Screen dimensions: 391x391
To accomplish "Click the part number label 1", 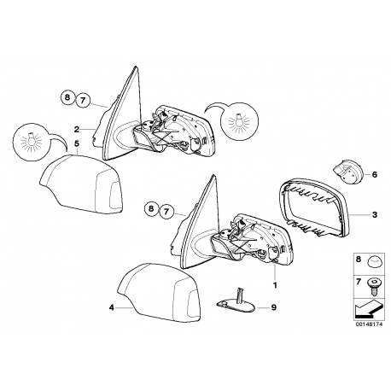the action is pyautogui.click(x=275, y=285).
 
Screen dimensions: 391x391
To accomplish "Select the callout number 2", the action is pyautogui.click(x=76, y=130).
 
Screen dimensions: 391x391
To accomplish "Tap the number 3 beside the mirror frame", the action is pyautogui.click(x=375, y=214).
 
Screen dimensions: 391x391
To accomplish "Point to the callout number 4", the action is pyautogui.click(x=112, y=307).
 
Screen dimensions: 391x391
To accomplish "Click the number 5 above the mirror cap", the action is pyautogui.click(x=76, y=143).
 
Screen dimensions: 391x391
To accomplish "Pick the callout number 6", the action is pyautogui.click(x=375, y=174).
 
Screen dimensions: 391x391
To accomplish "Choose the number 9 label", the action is pyautogui.click(x=273, y=307).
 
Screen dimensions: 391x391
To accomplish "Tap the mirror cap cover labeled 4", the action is pyautogui.click(x=160, y=293).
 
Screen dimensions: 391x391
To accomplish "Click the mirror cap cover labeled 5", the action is pyautogui.click(x=83, y=184).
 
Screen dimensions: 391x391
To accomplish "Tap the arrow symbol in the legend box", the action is pyautogui.click(x=369, y=310).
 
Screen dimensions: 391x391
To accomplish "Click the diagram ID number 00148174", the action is pyautogui.click(x=368, y=324).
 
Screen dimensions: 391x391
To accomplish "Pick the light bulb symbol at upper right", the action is pyautogui.click(x=239, y=120).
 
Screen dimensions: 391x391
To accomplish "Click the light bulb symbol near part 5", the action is pyautogui.click(x=32, y=142).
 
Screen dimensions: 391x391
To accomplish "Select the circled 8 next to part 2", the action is pyautogui.click(x=67, y=97).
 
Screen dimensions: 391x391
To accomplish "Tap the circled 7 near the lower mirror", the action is pyautogui.click(x=166, y=212).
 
